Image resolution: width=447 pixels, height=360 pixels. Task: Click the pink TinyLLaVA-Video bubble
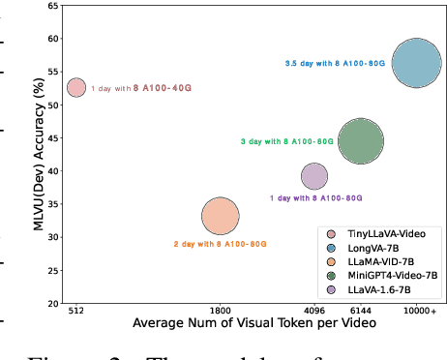click(x=76, y=87)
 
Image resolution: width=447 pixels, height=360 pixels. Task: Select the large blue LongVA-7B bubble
click(x=416, y=63)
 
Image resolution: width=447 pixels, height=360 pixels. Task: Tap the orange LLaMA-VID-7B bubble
click(x=221, y=217)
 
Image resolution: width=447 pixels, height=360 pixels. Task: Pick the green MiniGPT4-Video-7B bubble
click(x=360, y=141)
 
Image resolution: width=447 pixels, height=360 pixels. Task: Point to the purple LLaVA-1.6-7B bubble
click(x=314, y=175)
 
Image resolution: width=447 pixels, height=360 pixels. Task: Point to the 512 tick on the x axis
click(x=76, y=310)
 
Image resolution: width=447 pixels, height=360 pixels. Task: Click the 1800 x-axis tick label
click(x=221, y=310)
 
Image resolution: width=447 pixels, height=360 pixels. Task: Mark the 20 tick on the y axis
click(x=54, y=303)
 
